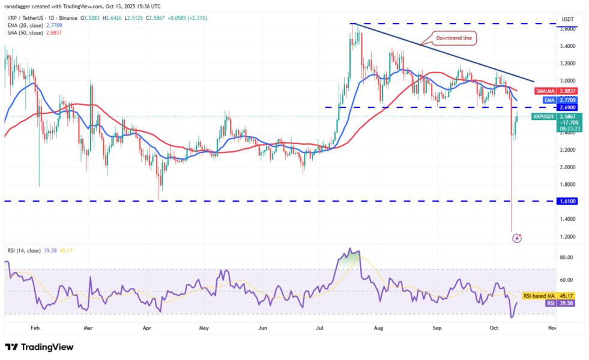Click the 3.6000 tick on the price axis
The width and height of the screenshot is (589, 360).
tap(568, 28)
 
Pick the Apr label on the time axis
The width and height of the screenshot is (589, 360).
tap(147, 328)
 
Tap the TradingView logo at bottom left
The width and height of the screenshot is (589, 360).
tap(38, 347)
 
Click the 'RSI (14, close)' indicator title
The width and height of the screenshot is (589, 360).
tap(26, 249)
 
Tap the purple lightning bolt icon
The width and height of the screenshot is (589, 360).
tap(517, 238)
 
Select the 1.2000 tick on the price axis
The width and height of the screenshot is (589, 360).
tap(568, 236)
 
